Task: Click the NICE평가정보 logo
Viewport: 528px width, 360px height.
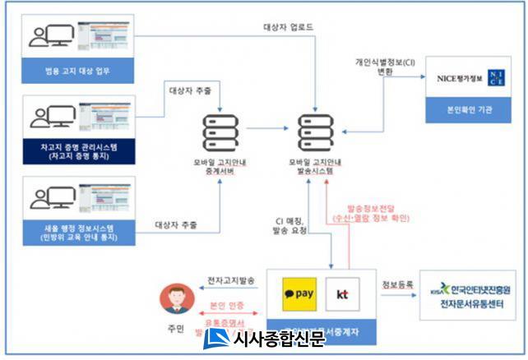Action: point(470,80)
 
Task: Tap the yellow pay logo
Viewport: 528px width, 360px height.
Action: point(300,293)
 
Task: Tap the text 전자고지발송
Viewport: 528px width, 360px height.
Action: point(230,282)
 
